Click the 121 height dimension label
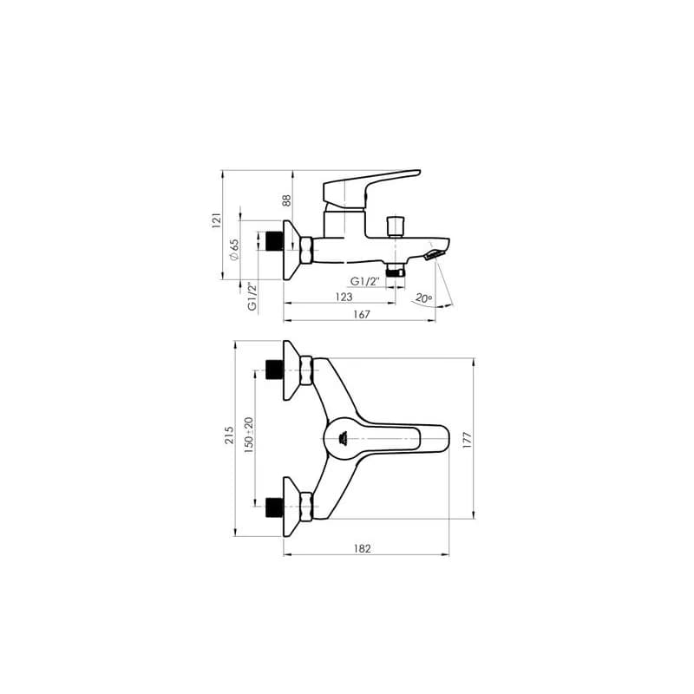click(216, 220)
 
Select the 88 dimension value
click(287, 200)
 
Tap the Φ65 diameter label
click(233, 250)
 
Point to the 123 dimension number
click(344, 297)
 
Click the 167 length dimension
click(362, 314)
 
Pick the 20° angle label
click(423, 298)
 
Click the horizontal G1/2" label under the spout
click(365, 281)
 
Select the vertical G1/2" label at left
click(252, 296)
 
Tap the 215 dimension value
click(229, 435)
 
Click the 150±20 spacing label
click(249, 435)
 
